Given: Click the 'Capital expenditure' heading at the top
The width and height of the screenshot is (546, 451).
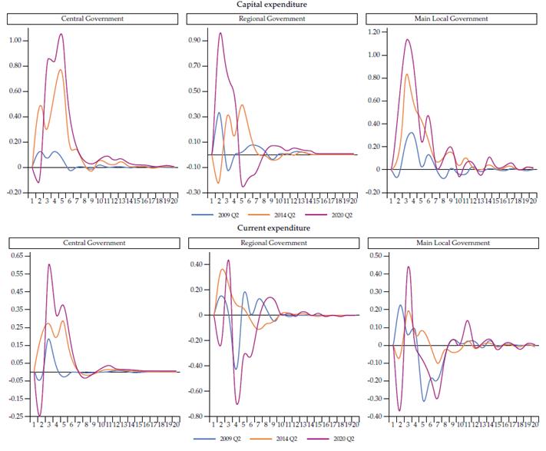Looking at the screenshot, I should coord(273,4).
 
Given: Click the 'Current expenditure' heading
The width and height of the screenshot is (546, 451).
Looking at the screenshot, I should coord(273,228).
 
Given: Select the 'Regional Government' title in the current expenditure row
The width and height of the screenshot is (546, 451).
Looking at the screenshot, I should coord(272,243).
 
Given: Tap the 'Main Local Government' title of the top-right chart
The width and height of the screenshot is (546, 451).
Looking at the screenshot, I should coord(452,18).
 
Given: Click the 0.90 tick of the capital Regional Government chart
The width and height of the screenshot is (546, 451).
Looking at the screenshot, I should coord(195,40).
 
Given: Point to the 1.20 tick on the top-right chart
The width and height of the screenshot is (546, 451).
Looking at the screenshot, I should coord(375,32).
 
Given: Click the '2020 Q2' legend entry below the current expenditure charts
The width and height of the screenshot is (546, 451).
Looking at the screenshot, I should coord(345,438).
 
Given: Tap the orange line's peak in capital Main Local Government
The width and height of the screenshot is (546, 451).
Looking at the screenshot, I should coord(407,74).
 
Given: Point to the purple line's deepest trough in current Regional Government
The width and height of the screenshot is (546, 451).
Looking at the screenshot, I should coord(237,404).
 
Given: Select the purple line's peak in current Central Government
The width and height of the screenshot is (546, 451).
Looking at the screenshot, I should coord(49,264).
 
